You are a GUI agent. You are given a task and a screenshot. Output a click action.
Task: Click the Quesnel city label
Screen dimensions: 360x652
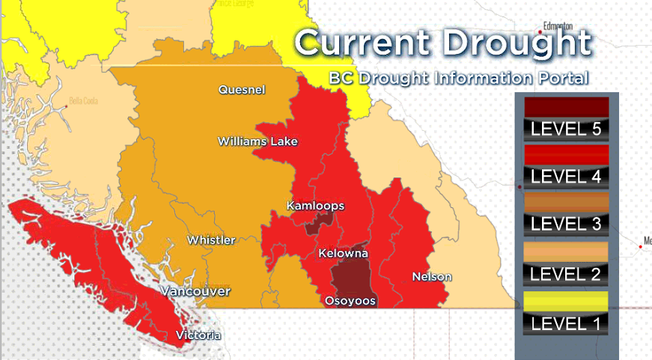click(242, 90)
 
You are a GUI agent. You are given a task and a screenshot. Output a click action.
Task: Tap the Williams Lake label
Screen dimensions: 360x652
click(258, 141)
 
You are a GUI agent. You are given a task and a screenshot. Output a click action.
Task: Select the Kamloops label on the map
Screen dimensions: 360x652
click(316, 205)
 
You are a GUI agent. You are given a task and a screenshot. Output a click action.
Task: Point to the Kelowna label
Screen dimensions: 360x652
click(343, 254)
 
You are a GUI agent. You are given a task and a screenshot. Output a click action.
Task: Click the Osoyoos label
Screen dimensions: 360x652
click(350, 301)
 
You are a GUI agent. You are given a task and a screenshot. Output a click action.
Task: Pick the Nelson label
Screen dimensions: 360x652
click(432, 277)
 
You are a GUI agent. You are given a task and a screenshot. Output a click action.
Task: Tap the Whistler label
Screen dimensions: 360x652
click(211, 240)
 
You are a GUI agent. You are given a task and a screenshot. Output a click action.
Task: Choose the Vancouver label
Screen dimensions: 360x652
click(196, 290)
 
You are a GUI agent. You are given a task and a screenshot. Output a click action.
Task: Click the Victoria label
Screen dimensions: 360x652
click(198, 335)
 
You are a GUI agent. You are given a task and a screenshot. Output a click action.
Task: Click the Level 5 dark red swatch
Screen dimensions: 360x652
click(566, 107)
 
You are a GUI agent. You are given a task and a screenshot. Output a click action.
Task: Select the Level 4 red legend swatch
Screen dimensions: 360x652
click(566, 155)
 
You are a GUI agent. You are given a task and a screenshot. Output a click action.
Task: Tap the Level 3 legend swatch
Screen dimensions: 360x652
click(566, 203)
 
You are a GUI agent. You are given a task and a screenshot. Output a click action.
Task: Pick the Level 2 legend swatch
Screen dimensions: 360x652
click(566, 251)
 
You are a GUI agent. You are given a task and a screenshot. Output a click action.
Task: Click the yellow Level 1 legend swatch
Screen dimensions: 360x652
click(566, 301)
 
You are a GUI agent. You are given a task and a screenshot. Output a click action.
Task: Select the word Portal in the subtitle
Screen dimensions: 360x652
click(562, 78)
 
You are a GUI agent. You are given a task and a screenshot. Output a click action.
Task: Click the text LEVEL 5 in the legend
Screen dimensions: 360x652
click(566, 129)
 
